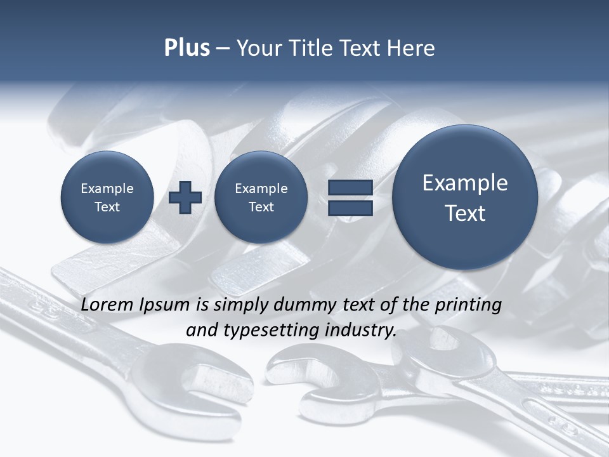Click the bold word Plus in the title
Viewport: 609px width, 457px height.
(187, 48)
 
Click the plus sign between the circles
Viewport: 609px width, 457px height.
(185, 197)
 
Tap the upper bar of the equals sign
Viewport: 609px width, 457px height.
(350, 187)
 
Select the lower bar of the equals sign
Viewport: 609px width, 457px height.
(350, 208)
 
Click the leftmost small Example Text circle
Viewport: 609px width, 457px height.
(107, 197)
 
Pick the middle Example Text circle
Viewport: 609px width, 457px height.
(261, 197)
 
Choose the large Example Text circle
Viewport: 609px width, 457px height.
(465, 197)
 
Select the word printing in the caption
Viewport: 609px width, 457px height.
(468, 305)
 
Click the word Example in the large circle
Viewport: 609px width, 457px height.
(465, 183)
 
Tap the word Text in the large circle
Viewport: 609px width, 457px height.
(465, 213)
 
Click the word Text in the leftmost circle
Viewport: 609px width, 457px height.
(107, 207)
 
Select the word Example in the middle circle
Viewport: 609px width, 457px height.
(261, 189)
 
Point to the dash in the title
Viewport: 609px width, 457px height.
(223, 49)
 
